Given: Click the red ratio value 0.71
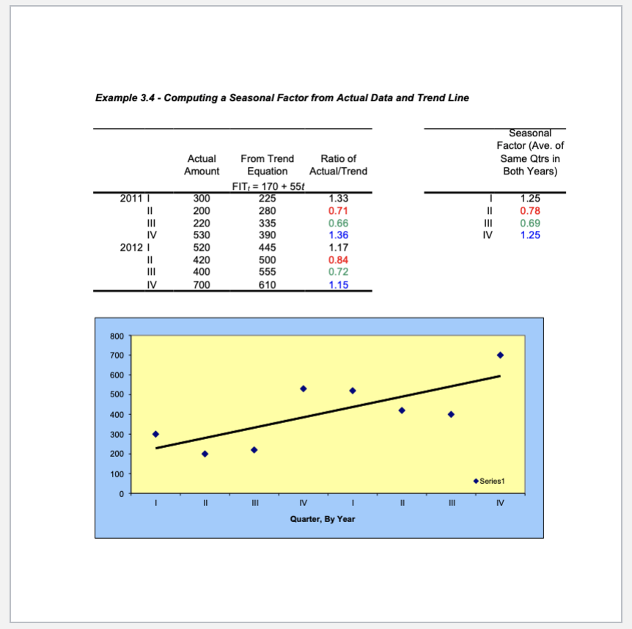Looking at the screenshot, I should [x=338, y=210].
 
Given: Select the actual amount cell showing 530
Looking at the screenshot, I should [x=202, y=235].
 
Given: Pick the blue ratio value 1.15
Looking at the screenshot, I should [x=338, y=285].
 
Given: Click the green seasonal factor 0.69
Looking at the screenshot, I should [x=529, y=223].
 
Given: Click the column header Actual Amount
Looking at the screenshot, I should [x=202, y=165].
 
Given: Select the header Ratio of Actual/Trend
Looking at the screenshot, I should [x=338, y=165].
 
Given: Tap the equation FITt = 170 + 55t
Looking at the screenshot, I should [x=262, y=185].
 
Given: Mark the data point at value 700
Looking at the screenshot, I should [x=500, y=355].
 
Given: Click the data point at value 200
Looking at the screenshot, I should [x=205, y=454].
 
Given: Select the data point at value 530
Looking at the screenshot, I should [x=303, y=389].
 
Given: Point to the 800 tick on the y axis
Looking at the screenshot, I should [x=117, y=336].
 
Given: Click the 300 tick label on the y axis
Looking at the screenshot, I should [x=117, y=435].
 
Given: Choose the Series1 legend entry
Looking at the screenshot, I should [x=490, y=481].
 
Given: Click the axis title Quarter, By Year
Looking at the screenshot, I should [x=323, y=519].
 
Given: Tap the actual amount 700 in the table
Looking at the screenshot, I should [x=202, y=285].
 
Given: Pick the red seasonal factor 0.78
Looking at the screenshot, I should [x=529, y=210].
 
